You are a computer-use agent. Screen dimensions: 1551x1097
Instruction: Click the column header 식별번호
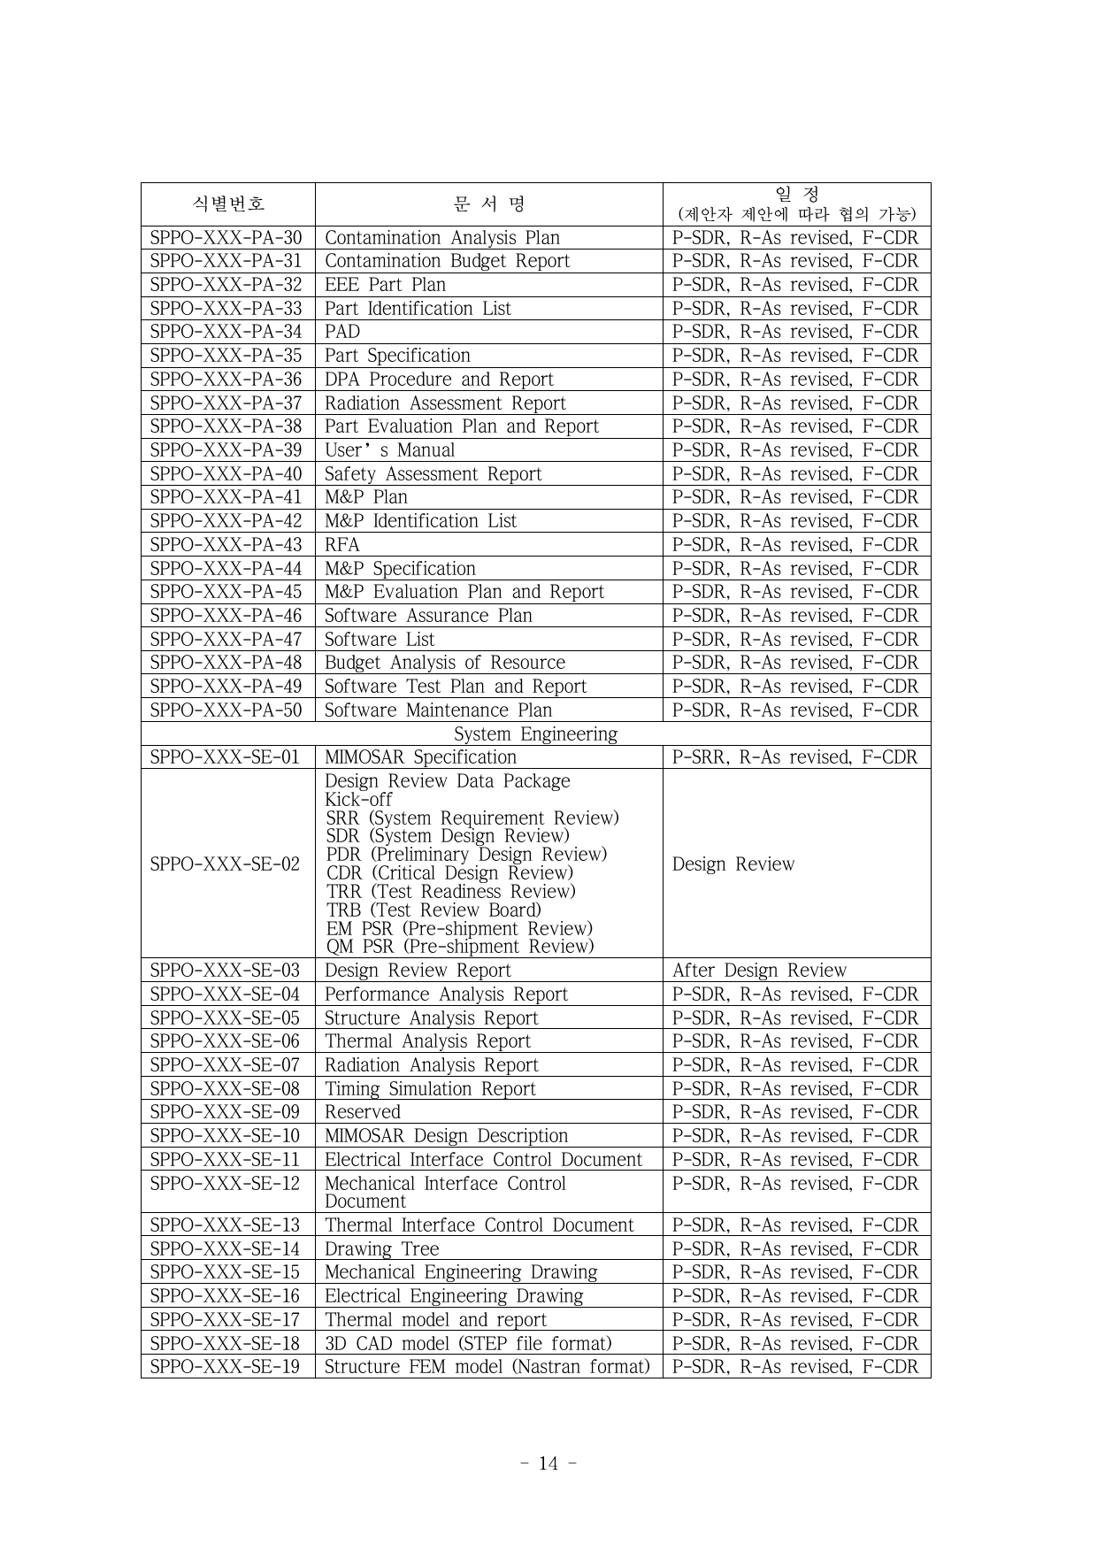click(x=228, y=204)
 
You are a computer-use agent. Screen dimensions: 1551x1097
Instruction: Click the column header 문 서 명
click(x=488, y=204)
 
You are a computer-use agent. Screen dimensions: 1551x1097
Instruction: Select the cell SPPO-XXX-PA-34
click(x=226, y=332)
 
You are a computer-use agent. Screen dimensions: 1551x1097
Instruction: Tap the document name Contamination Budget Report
click(x=447, y=261)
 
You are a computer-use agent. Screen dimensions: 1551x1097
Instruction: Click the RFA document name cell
click(x=342, y=545)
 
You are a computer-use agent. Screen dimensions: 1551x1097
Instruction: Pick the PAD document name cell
click(x=342, y=332)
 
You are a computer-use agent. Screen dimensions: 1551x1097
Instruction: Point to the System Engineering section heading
click(x=535, y=734)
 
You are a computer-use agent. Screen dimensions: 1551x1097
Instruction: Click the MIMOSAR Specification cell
click(x=420, y=757)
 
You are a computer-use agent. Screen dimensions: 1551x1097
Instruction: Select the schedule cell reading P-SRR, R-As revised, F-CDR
click(x=795, y=757)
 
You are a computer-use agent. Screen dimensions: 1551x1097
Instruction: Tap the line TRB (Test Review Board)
click(x=433, y=910)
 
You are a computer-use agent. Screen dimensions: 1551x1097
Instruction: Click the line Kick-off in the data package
click(x=358, y=800)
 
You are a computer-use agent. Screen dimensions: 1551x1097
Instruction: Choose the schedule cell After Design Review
click(x=759, y=971)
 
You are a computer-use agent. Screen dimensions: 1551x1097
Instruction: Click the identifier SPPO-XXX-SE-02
click(x=226, y=864)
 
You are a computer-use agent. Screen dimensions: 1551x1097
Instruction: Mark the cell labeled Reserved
click(x=363, y=1112)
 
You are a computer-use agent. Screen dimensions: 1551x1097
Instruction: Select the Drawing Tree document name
click(x=381, y=1249)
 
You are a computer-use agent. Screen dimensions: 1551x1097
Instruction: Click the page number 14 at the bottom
click(x=548, y=1463)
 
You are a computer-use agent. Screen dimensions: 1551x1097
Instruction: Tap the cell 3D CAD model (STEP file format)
click(x=468, y=1343)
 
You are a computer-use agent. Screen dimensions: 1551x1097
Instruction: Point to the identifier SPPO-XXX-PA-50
click(x=226, y=710)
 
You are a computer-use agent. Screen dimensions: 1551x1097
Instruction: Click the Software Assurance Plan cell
click(x=428, y=616)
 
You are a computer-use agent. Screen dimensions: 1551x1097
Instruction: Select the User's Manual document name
click(x=389, y=450)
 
